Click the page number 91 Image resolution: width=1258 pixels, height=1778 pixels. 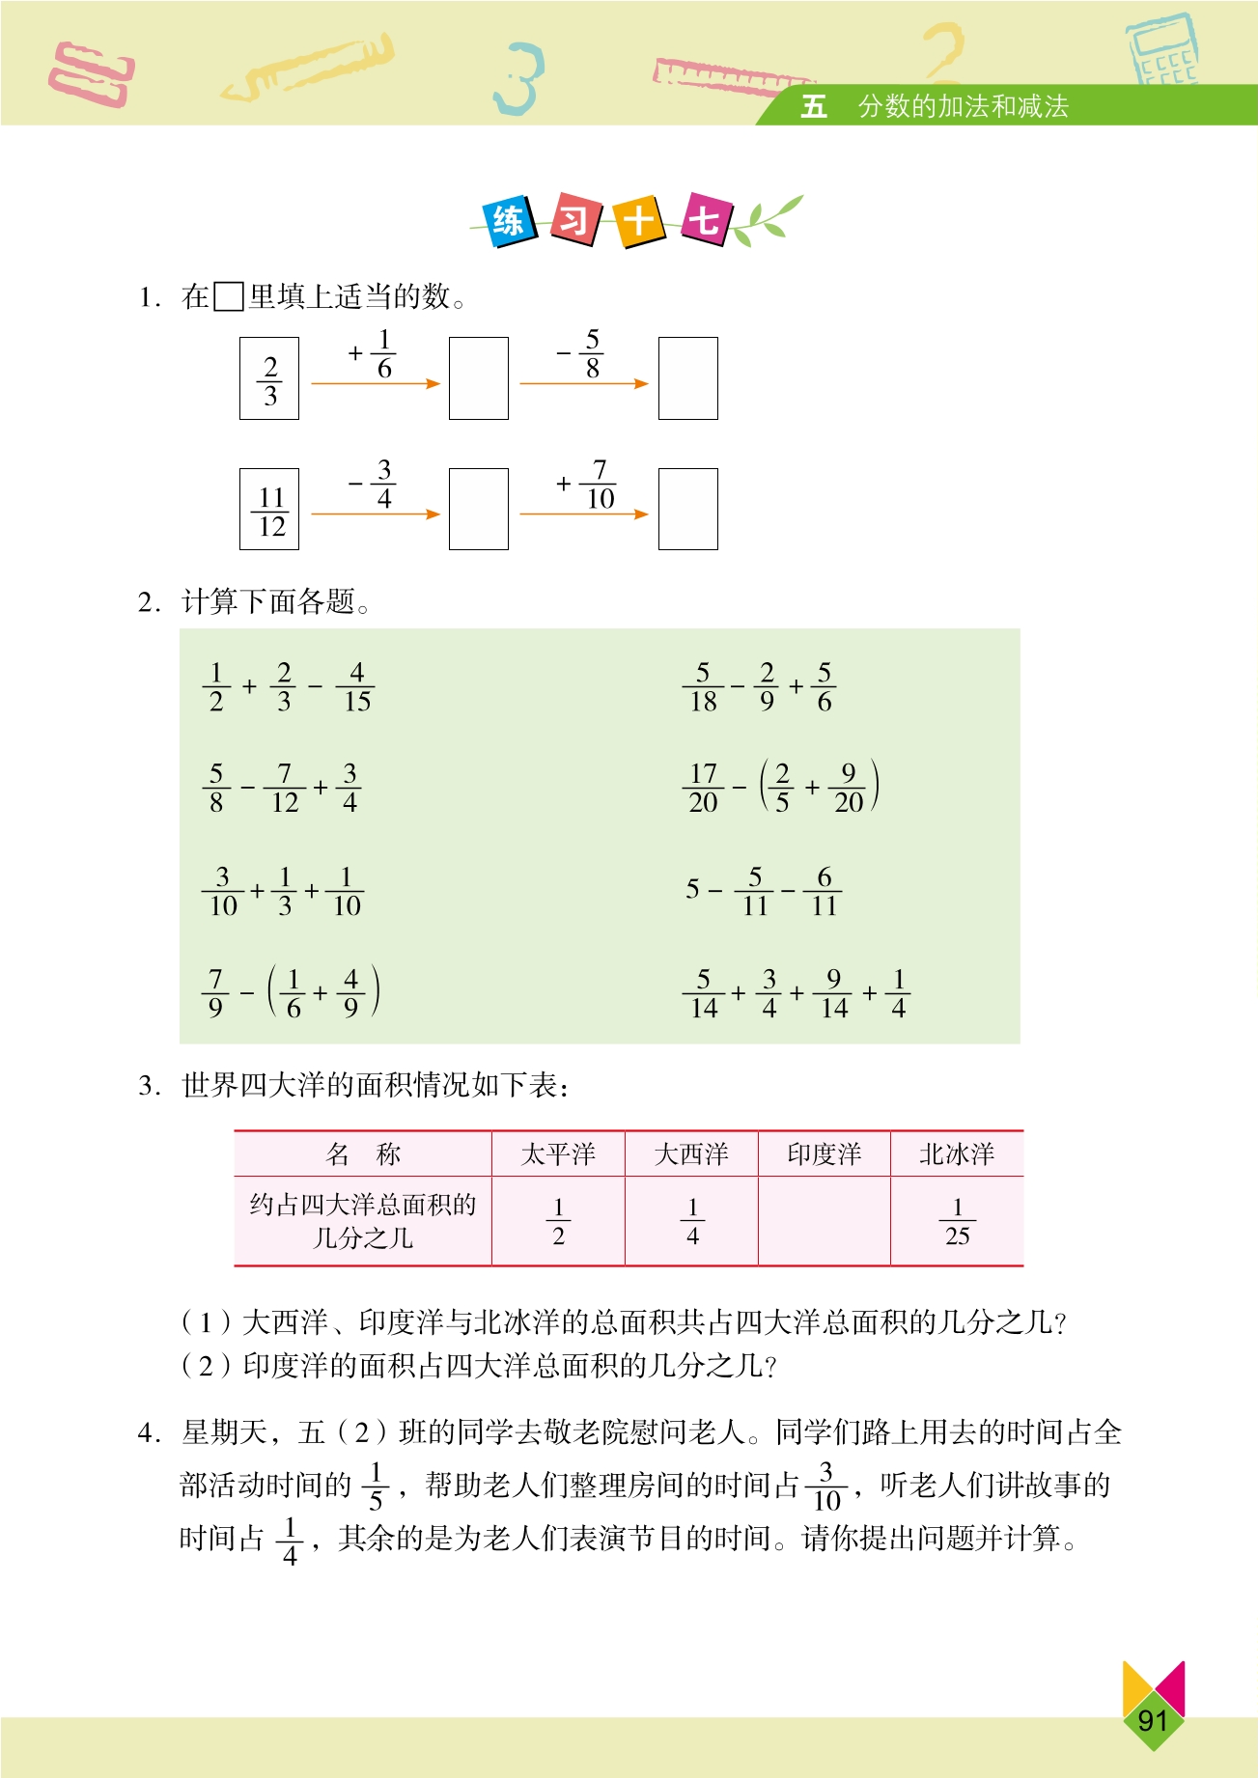(1153, 1720)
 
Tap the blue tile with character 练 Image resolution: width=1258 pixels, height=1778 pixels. (509, 221)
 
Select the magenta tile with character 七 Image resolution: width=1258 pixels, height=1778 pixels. (704, 220)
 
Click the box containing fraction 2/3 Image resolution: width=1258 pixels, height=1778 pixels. (269, 378)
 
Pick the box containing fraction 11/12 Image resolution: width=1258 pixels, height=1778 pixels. (269, 510)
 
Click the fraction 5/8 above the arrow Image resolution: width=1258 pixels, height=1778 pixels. (592, 354)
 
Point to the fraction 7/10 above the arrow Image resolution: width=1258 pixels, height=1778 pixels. (600, 485)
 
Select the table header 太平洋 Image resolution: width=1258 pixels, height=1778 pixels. (558, 1154)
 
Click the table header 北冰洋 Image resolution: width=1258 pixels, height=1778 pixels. (956, 1154)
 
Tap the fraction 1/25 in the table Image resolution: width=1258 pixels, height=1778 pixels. (957, 1222)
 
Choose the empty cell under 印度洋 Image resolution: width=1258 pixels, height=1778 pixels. (824, 1222)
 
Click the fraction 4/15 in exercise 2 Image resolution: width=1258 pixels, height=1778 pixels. (356, 687)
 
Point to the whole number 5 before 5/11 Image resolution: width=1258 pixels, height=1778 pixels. (692, 889)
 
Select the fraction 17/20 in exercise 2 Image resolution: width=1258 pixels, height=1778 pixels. (703, 788)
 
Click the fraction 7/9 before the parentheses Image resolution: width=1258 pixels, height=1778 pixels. (215, 993)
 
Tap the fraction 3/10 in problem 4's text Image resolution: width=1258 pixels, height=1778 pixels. (826, 1486)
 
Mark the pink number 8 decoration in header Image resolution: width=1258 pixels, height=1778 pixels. (92, 74)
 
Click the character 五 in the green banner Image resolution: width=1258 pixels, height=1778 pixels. (814, 106)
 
